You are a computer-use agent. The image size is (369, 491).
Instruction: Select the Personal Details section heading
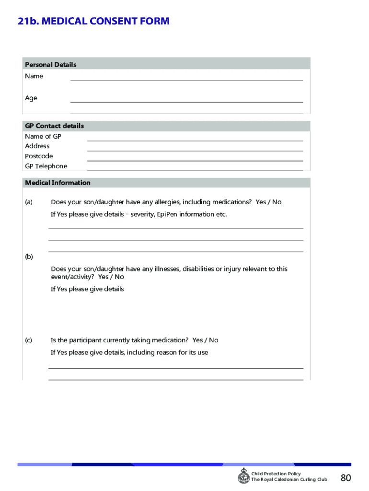click(51, 65)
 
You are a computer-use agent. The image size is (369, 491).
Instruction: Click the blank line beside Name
click(186, 78)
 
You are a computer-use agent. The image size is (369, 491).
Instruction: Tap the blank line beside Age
click(186, 99)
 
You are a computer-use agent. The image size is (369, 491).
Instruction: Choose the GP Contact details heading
click(54, 126)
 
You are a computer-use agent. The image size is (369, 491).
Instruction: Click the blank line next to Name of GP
click(195, 138)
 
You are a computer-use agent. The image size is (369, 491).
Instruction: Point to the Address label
click(37, 146)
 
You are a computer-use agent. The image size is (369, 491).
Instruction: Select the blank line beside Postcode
click(195, 158)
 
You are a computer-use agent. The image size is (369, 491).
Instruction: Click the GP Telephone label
click(46, 166)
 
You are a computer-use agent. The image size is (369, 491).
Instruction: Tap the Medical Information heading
click(58, 183)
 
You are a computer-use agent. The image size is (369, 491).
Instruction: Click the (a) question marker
click(29, 202)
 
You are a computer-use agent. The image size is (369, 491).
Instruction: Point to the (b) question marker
click(29, 257)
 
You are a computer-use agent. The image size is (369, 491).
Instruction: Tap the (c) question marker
click(29, 340)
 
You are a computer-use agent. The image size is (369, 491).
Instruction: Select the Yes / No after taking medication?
click(205, 340)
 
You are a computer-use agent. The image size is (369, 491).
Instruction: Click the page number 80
click(346, 478)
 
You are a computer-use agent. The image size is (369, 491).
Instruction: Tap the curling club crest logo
click(243, 476)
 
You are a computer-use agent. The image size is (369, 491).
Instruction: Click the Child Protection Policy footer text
click(276, 474)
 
